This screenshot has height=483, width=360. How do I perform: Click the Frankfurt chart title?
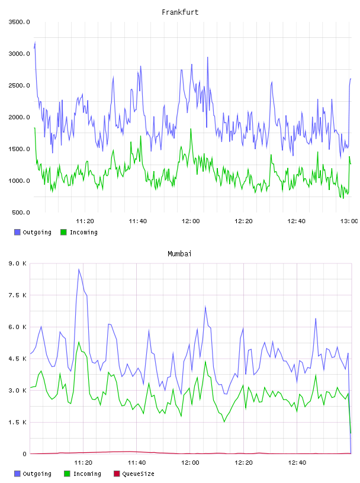pos(180,12)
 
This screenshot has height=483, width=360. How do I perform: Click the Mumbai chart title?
pos(179,254)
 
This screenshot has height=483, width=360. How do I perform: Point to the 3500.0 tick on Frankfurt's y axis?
pos(19,22)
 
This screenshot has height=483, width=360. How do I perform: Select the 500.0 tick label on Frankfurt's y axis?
pos(21,212)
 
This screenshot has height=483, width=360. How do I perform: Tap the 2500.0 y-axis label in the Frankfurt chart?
pos(19,85)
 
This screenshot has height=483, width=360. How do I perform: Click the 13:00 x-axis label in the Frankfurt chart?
pos(349,221)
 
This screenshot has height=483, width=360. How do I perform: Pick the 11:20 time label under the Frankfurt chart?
pos(85,221)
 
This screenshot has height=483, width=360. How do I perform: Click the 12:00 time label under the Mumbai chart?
pos(190,463)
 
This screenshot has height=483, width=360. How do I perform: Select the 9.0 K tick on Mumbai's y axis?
pos(17,263)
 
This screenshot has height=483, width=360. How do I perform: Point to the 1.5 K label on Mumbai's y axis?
pos(17,422)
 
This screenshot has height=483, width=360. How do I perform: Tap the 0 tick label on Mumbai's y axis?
pos(25,454)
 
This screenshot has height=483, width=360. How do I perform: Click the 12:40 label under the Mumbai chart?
pos(297,463)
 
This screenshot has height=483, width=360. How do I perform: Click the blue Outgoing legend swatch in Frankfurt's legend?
pos(17,232)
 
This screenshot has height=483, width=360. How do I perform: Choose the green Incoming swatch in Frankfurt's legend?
pos(63,232)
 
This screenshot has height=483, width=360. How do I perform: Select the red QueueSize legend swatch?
pos(117,474)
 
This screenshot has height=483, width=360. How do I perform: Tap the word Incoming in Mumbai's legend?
pos(87,474)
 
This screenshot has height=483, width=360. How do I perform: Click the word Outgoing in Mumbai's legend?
pos(37,474)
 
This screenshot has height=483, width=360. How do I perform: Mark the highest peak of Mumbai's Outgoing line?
pos(79,269)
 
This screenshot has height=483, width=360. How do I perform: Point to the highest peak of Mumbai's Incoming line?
pos(79,342)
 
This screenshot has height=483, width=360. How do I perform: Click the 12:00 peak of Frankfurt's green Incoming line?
pos(191,129)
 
